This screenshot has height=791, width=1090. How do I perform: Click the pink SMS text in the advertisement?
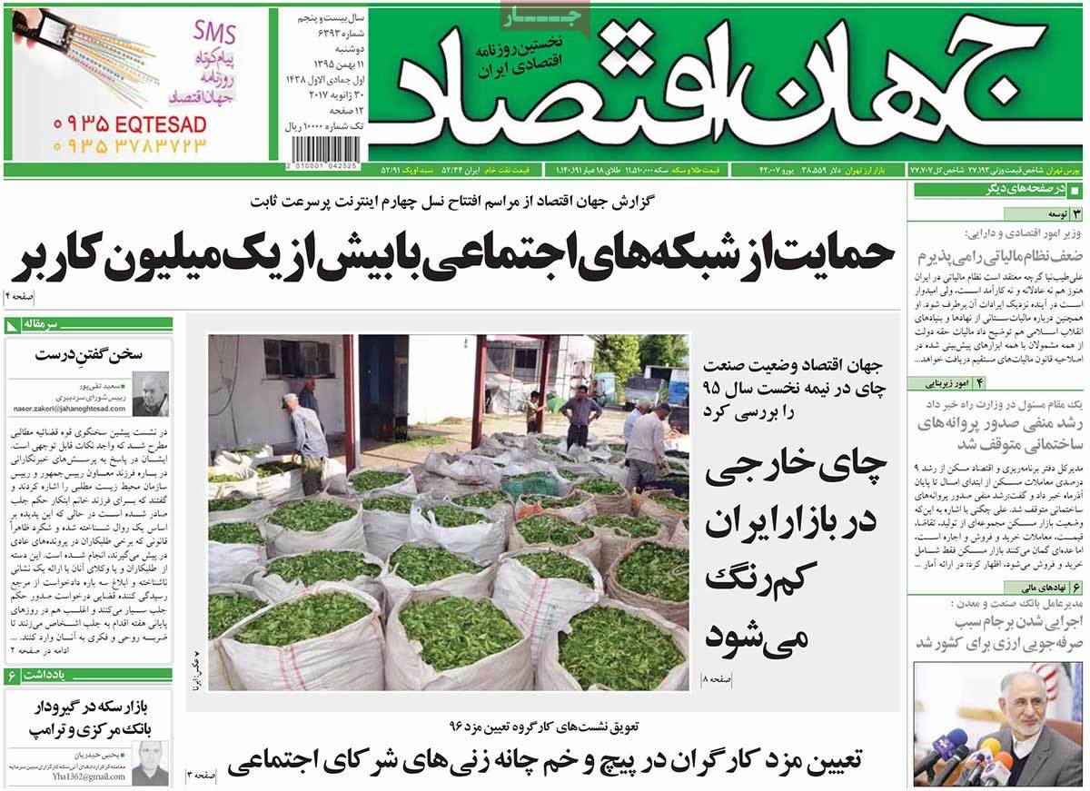214,34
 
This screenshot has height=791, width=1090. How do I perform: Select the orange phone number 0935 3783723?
129,144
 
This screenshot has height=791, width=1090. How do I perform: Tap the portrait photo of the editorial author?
150,394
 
